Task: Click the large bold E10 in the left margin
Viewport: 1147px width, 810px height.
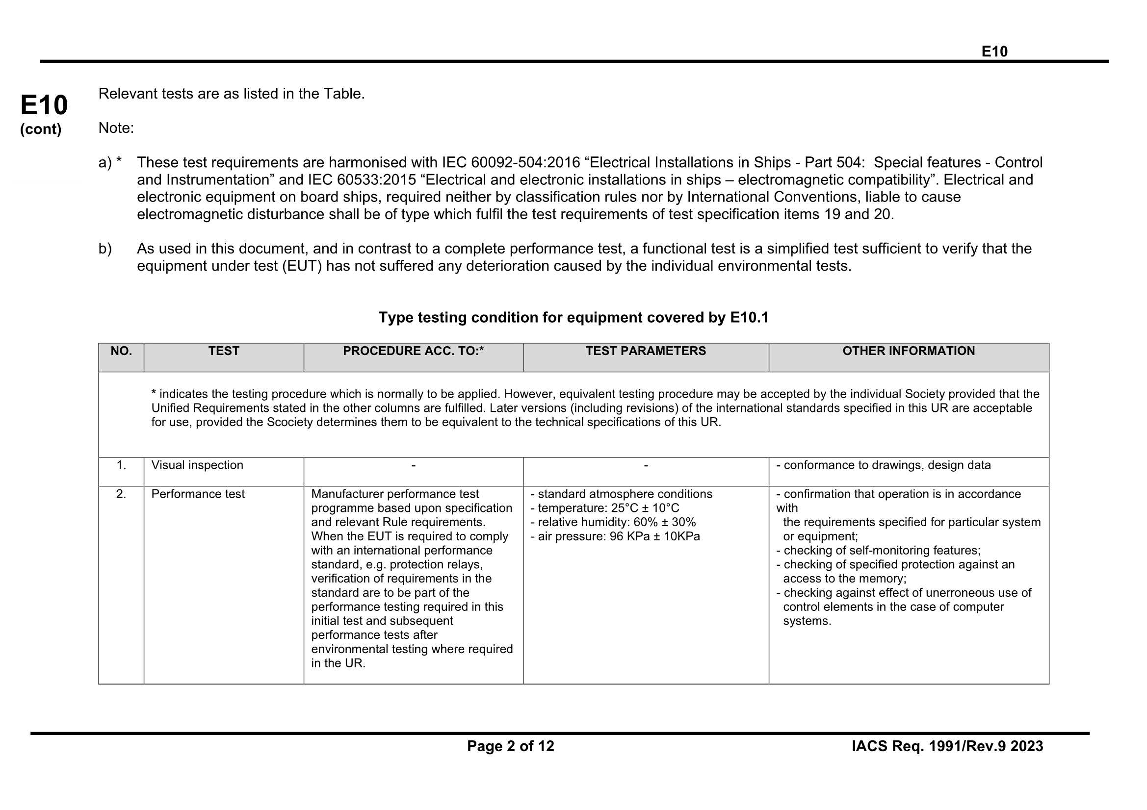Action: (x=44, y=105)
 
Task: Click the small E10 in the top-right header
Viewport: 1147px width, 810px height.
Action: (x=994, y=51)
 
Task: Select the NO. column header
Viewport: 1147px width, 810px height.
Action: (x=121, y=351)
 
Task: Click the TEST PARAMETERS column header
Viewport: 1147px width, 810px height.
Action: (x=646, y=351)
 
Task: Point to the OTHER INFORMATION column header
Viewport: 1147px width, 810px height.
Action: (x=908, y=351)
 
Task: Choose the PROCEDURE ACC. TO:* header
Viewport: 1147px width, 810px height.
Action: (x=413, y=351)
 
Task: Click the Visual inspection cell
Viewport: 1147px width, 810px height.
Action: (x=197, y=465)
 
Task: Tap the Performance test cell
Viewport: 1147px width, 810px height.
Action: (x=198, y=494)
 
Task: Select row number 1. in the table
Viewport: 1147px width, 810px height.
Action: (x=121, y=465)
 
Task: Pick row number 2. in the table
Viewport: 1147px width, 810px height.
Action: (x=121, y=494)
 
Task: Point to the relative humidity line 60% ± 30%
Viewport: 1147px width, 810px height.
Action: (x=617, y=522)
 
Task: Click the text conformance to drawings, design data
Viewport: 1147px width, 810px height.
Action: (x=886, y=465)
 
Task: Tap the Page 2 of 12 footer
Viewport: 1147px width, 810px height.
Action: (x=511, y=746)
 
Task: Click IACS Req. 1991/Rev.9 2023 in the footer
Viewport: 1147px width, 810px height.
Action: (x=947, y=746)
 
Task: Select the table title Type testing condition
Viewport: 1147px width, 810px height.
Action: (x=573, y=318)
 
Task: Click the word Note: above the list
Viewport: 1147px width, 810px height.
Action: (x=116, y=128)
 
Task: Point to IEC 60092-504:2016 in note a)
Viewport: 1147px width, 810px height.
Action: (x=511, y=162)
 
